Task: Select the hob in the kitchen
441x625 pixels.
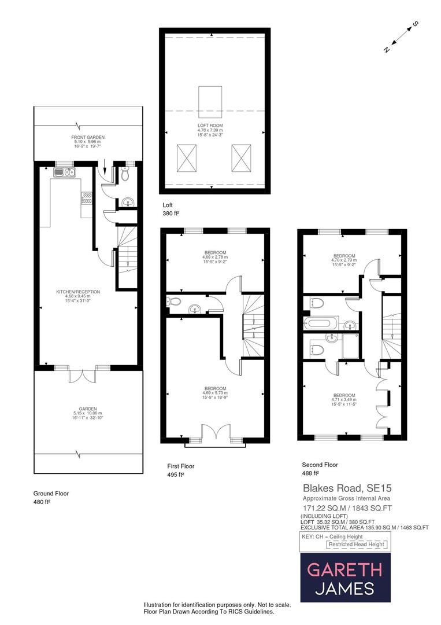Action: click(x=87, y=199)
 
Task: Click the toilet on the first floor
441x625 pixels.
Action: click(x=174, y=301)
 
